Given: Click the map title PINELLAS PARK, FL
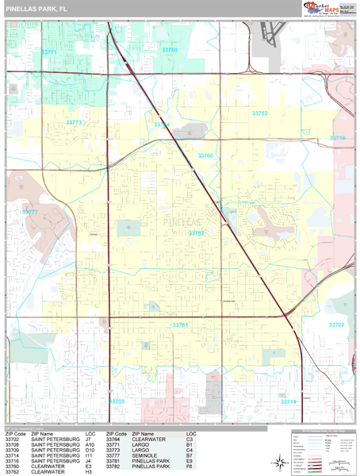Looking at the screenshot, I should point(36,10).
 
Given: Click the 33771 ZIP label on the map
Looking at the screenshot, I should point(49,52).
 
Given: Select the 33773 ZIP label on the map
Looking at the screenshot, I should point(74,122).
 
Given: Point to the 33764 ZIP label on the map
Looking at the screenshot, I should point(162,125).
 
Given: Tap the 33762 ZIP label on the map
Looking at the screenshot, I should point(260,113).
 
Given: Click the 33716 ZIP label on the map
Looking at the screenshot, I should point(338,137).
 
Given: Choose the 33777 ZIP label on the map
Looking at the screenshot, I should point(30,212).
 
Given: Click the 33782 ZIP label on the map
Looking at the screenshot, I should point(197,232).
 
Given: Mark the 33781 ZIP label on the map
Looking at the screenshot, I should point(180,324).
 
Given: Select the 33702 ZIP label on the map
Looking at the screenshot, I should point(337,324).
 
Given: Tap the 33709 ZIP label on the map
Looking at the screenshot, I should point(117,401).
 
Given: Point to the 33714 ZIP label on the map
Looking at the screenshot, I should point(289,401).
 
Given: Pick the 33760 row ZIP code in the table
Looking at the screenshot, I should point(13,466).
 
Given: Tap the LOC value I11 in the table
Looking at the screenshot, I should point(89,455).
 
